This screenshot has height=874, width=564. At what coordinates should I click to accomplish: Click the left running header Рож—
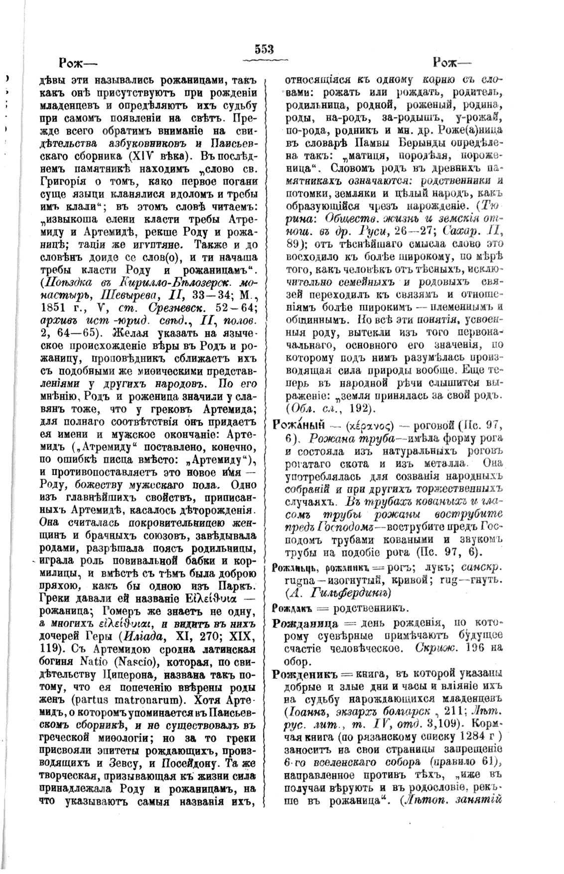click(78, 64)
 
